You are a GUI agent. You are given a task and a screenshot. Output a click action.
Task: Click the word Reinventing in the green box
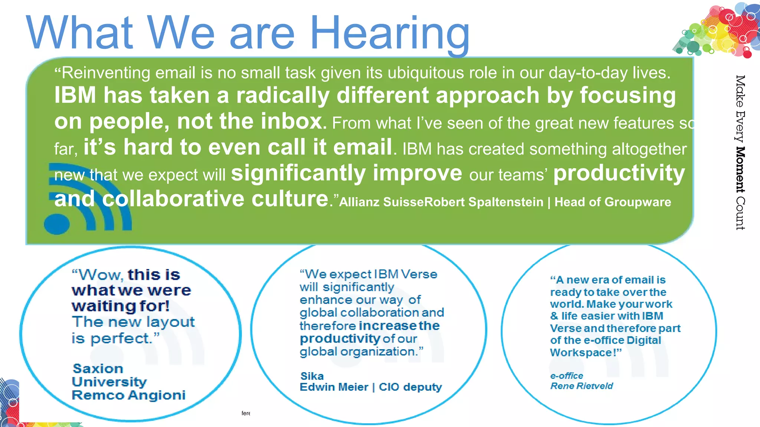pos(106,73)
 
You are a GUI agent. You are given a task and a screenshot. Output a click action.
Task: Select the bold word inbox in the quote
pos(291,121)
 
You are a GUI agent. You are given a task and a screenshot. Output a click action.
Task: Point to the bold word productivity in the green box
pos(619,173)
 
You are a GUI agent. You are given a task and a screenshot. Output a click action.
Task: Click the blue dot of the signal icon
pos(57,224)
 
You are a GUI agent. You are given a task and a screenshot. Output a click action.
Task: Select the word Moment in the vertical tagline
pos(740,169)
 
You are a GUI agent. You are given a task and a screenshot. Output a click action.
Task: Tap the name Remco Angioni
pos(128,395)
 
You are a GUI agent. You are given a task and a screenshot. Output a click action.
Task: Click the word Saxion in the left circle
pos(98,368)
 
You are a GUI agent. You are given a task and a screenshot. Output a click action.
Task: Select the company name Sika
pos(312,376)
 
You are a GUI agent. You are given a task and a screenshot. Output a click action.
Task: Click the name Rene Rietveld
pos(582,386)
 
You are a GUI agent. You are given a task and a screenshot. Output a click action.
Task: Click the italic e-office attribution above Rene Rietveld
pos(567,375)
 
